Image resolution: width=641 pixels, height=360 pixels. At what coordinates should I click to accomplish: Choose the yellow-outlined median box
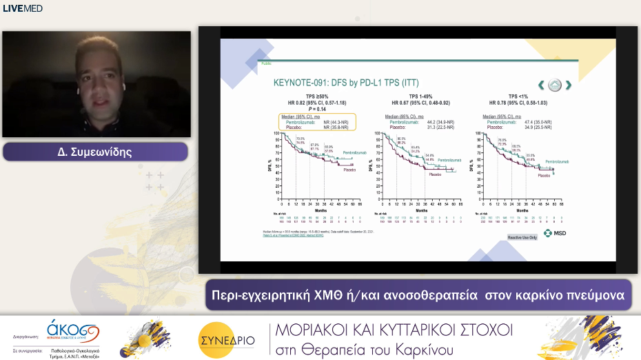(316, 122)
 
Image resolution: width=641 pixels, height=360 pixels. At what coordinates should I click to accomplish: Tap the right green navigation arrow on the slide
(569, 85)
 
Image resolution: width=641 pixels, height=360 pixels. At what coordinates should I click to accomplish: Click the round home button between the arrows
(555, 85)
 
